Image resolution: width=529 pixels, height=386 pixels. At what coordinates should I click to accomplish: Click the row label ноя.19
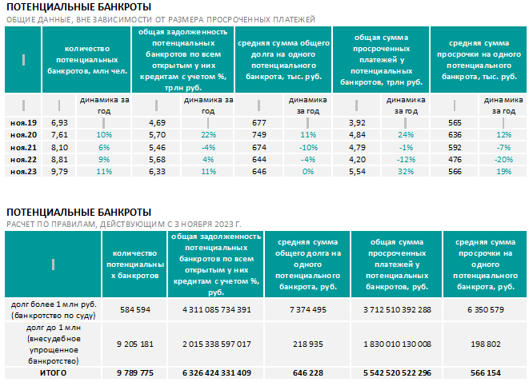24,123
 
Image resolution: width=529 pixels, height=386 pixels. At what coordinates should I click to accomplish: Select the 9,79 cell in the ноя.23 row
59,172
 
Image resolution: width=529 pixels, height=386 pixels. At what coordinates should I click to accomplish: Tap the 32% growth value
406,172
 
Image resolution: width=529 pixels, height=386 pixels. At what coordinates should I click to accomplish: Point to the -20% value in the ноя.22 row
503,159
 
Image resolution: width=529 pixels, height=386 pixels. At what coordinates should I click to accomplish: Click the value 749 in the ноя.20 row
259,135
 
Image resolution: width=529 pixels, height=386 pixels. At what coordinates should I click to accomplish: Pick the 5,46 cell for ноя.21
157,147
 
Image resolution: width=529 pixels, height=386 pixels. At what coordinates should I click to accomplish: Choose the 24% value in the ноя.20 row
406,135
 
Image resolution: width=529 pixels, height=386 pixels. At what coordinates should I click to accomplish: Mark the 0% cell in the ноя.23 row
308,172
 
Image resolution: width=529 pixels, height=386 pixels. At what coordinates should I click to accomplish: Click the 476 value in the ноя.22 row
455,159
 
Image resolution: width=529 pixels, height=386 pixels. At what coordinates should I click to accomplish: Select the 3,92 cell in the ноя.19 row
357,123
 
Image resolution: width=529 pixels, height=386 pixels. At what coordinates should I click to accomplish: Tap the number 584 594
135,309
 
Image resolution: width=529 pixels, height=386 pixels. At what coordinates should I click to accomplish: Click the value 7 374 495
308,309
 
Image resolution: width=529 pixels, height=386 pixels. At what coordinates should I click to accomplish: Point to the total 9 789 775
135,373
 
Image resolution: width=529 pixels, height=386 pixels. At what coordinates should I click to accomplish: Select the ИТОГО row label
54,373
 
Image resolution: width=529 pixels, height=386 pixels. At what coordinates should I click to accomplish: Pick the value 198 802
486,344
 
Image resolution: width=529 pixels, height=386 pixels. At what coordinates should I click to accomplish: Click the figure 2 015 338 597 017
217,344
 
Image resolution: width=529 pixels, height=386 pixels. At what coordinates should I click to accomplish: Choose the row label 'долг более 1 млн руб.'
54,304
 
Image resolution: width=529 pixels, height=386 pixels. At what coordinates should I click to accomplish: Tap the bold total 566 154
486,373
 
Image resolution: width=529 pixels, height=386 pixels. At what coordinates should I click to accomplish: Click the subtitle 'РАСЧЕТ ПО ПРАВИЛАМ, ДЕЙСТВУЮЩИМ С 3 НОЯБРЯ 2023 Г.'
124,224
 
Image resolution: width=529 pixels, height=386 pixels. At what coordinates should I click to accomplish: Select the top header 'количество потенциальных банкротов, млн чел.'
87,60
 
